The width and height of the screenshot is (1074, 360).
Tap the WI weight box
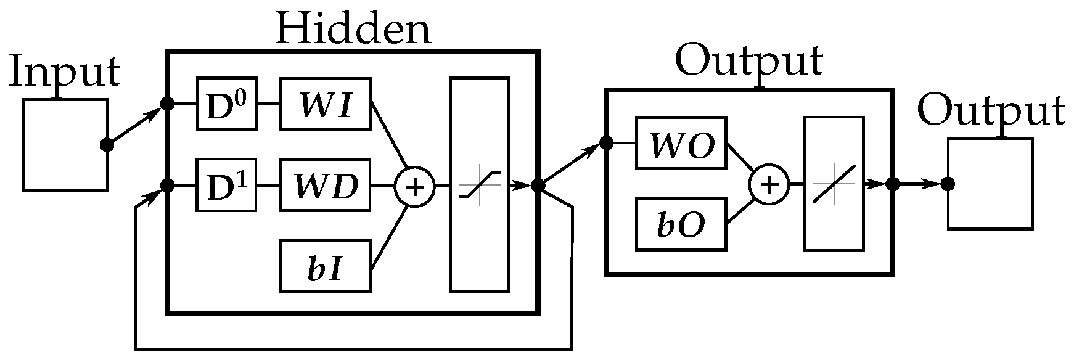[326, 104]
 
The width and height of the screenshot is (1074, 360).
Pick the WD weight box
[326, 185]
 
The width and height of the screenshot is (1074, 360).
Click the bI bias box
[326, 266]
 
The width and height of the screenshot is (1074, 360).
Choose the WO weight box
[681, 144]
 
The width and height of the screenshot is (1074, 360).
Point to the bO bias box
[681, 224]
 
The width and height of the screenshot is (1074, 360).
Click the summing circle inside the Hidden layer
[414, 186]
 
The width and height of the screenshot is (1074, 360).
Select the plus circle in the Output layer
[769, 184]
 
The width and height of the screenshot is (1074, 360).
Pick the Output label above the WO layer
[748, 60]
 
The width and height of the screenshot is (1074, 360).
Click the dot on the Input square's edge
[107, 145]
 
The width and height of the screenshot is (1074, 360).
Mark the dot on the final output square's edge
[948, 184]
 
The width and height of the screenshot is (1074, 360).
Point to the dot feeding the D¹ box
[166, 185]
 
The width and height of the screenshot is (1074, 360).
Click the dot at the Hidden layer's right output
[538, 185]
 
